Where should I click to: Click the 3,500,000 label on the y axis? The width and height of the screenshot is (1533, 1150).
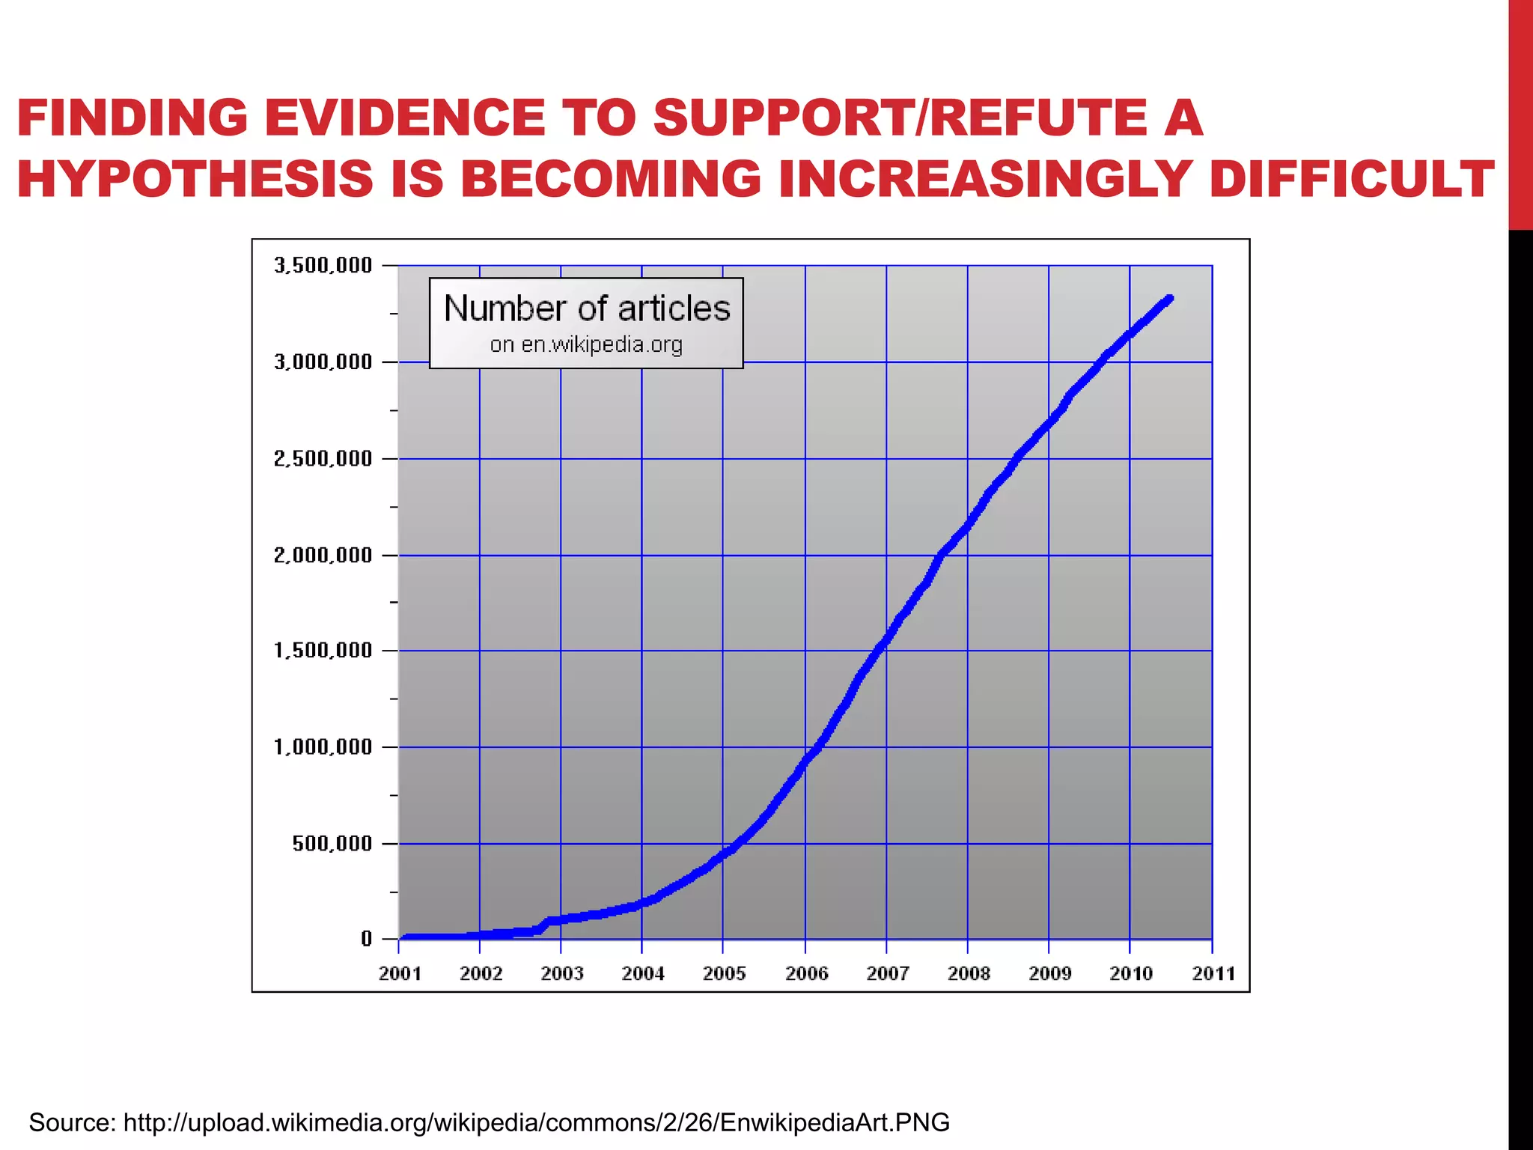tap(323, 265)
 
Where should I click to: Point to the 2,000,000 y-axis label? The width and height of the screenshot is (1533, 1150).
tap(323, 555)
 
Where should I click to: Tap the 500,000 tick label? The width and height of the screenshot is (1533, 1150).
tap(332, 844)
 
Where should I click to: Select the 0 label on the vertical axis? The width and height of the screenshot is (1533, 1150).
tap(366, 939)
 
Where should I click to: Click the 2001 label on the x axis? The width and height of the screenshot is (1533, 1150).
tap(400, 973)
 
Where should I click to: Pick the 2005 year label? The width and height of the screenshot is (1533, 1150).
tap(724, 973)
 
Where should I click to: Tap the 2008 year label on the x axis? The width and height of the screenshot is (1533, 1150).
tap(968, 973)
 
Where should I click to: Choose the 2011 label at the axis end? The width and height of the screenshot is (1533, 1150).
tap(1213, 973)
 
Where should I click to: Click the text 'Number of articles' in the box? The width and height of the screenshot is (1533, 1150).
tap(587, 308)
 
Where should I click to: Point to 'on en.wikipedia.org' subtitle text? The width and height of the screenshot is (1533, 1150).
tap(587, 344)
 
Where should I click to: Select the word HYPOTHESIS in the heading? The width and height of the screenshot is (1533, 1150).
tap(195, 180)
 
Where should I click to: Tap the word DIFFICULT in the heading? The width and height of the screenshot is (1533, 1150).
tap(1351, 180)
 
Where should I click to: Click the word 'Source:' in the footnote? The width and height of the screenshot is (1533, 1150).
tap(72, 1122)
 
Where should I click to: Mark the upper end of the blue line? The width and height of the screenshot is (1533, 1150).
tap(1169, 299)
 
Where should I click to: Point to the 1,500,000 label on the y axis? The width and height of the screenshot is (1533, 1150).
tap(323, 651)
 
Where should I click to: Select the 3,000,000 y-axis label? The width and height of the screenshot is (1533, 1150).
tap(323, 362)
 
